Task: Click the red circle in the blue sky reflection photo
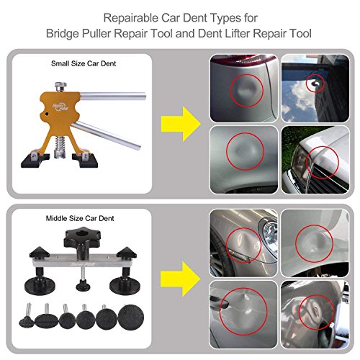coord(314,85)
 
